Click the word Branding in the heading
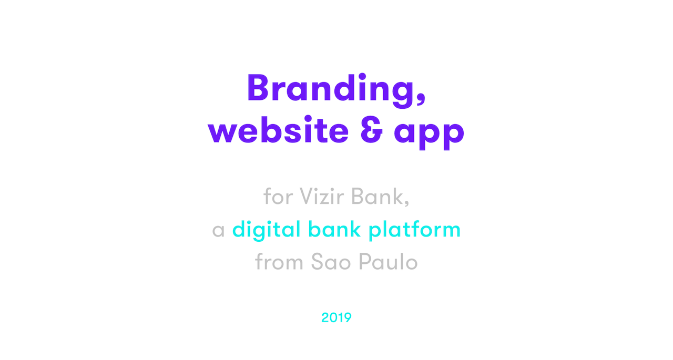click(331, 90)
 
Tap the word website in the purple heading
click(278, 129)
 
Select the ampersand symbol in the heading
click(372, 130)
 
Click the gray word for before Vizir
click(278, 196)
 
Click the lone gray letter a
click(218, 231)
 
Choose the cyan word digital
click(267, 230)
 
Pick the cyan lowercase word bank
click(334, 229)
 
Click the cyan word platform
click(414, 230)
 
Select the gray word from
click(279, 261)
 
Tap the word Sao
click(331, 262)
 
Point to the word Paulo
click(388, 262)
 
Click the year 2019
click(336, 317)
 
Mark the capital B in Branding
click(257, 87)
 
